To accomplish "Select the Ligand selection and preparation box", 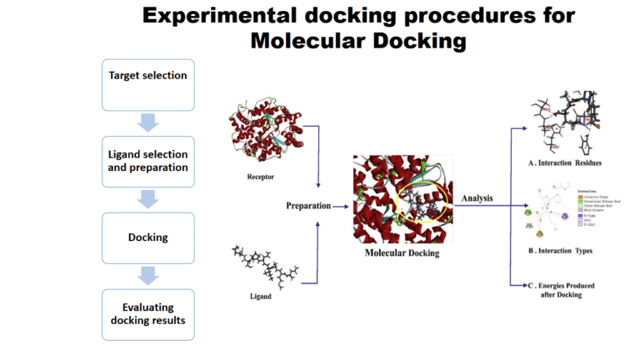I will click(x=147, y=162).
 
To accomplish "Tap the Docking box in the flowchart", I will click(x=147, y=237).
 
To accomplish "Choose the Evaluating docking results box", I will click(x=147, y=314).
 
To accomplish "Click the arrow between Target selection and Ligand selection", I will click(x=147, y=123).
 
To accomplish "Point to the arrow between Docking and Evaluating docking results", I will click(x=147, y=276).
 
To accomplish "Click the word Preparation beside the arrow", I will click(x=307, y=204).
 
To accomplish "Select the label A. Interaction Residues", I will click(x=568, y=162).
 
